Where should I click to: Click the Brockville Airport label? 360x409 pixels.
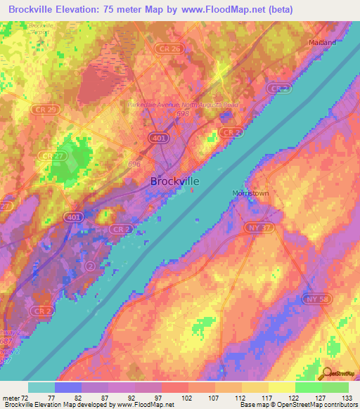[41, 28]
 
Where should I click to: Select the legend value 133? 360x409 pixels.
[347, 397]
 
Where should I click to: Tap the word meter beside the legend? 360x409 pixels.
[11, 397]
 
